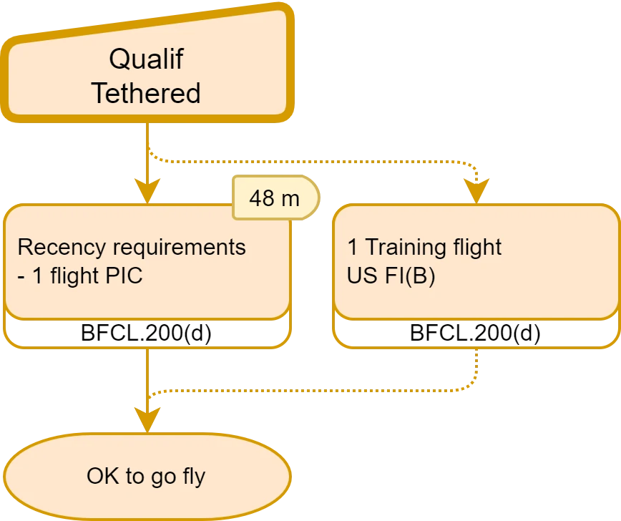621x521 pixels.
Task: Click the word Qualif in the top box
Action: (x=146, y=59)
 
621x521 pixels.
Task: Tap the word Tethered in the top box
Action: (x=146, y=93)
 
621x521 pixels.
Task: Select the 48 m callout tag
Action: (x=275, y=198)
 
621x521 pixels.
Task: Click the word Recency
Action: (x=60, y=248)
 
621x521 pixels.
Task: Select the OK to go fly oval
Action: (x=146, y=476)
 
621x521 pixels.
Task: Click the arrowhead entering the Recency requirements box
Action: (x=147, y=192)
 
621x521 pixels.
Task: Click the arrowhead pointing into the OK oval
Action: (x=147, y=421)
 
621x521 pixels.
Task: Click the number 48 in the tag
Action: (x=262, y=198)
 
